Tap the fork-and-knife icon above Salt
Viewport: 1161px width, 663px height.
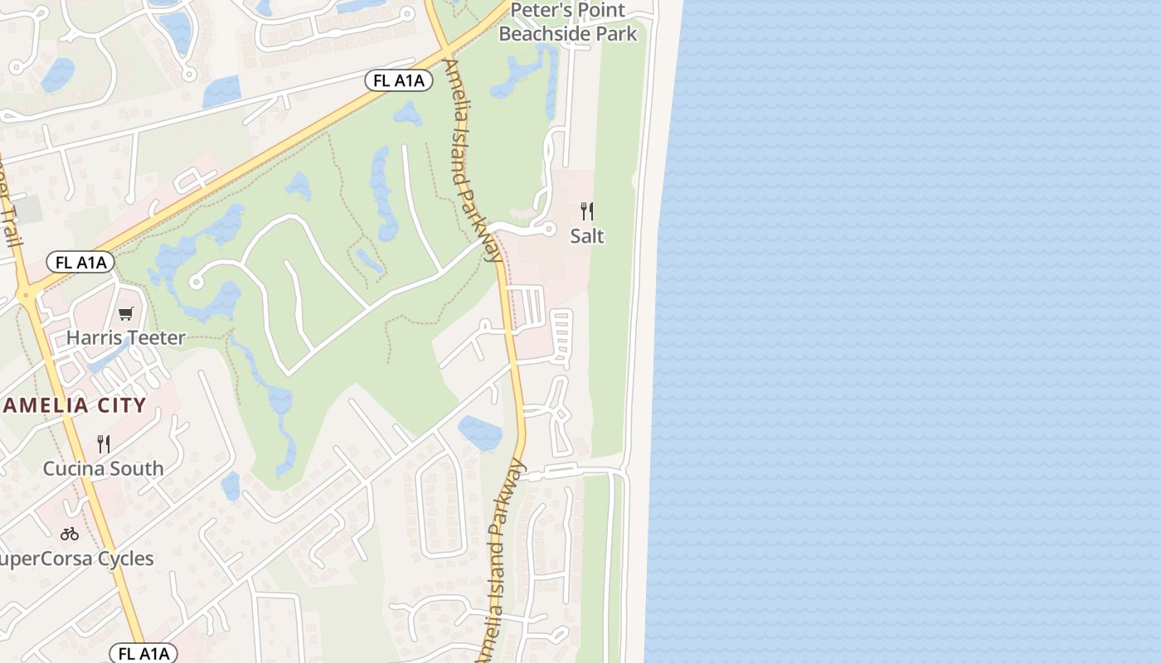(x=587, y=211)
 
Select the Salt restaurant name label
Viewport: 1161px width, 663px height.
(x=587, y=236)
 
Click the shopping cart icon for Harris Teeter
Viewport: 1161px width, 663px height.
(x=125, y=313)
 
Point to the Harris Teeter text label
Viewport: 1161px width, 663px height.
(x=125, y=337)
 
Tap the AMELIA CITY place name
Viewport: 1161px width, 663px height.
(x=75, y=405)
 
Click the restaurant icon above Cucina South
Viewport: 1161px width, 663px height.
(x=104, y=444)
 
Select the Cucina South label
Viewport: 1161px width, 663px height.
(x=104, y=468)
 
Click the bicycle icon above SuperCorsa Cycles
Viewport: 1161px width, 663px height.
(x=70, y=534)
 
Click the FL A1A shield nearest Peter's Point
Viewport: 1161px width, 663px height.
(x=399, y=80)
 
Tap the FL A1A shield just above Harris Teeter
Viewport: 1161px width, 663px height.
(x=80, y=263)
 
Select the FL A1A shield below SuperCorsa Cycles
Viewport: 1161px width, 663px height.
(x=143, y=653)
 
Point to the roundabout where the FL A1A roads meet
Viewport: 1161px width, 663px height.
(x=27, y=294)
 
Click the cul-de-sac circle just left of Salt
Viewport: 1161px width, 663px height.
(x=548, y=230)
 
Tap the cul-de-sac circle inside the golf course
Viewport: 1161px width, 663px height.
(x=197, y=283)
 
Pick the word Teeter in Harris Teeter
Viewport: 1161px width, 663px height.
(x=158, y=337)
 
